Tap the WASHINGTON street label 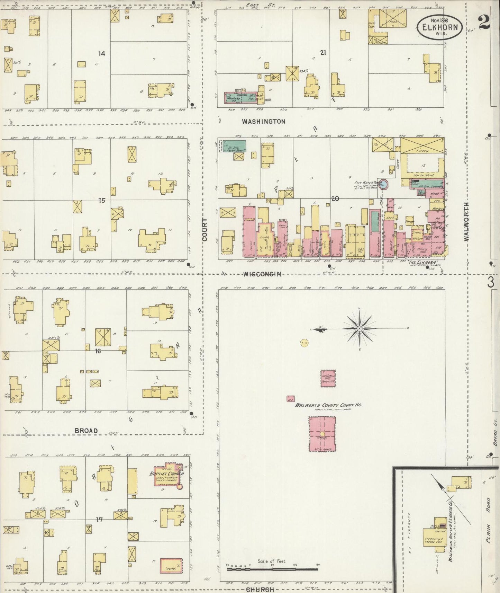[x=263, y=122]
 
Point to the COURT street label [x=205, y=229]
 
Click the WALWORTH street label [x=467, y=222]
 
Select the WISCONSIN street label [x=262, y=274]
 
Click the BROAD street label [x=86, y=431]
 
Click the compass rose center [x=360, y=328]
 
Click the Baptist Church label [x=167, y=473]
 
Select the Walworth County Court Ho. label [x=328, y=405]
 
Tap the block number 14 [x=101, y=53]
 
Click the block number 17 [x=100, y=520]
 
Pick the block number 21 [x=323, y=53]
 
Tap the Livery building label [x=422, y=151]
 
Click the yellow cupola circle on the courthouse [x=322, y=434]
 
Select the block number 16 [x=98, y=351]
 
